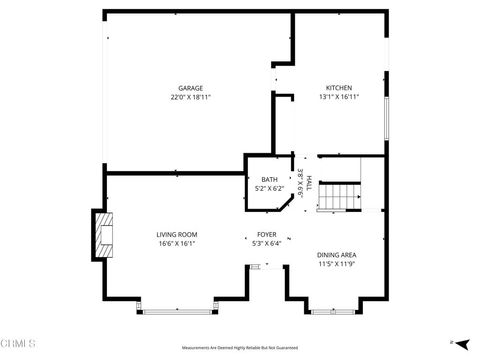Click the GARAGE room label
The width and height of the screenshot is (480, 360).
click(190, 88)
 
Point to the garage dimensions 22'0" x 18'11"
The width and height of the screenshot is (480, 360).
click(190, 97)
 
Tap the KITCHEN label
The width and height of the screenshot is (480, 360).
click(339, 88)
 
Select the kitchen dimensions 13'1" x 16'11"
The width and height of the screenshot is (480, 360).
click(339, 97)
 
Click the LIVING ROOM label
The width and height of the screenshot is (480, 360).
click(175, 234)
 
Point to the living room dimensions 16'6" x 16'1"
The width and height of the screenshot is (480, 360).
click(175, 243)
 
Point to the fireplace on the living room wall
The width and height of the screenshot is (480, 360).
click(103, 233)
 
